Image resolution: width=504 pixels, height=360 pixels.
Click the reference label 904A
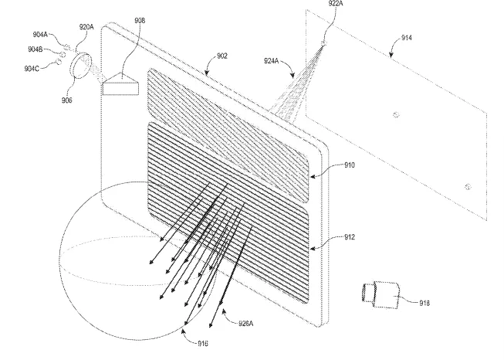40,35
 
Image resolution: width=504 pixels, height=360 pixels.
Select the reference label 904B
36,49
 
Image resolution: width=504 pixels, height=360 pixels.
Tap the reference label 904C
32,69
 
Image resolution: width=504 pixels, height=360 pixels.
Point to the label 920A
86,27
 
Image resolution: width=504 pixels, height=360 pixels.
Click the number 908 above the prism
140,21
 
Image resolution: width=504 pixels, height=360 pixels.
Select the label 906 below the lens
67,100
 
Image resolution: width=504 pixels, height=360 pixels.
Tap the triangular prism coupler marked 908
120,83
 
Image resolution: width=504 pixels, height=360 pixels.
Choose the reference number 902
222,56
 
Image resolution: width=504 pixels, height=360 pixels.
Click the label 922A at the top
336,4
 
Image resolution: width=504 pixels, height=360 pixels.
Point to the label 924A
272,60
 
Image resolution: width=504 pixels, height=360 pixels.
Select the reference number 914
407,38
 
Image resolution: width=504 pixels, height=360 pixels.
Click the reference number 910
350,165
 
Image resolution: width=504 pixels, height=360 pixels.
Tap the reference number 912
350,237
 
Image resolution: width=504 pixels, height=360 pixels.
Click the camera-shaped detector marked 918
381,294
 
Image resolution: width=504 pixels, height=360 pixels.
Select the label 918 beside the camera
425,303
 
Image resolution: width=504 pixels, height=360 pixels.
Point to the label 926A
246,324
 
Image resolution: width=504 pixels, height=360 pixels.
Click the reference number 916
203,344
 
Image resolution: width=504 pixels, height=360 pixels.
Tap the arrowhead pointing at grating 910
313,176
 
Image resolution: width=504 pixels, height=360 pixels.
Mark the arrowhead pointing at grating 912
313,248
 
